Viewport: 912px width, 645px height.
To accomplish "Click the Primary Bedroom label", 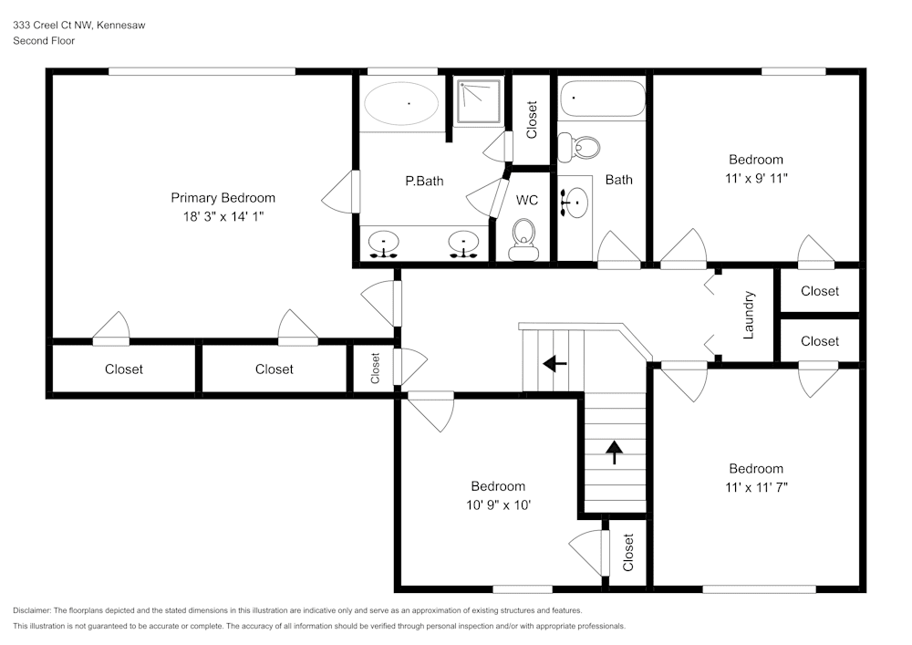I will tap(223, 198).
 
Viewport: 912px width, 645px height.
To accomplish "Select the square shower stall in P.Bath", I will tap(480, 101).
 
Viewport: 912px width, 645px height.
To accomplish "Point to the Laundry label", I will tap(749, 315).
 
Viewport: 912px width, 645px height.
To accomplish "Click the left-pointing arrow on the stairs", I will tap(554, 364).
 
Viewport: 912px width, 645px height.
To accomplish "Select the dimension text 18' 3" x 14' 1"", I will tap(223, 216).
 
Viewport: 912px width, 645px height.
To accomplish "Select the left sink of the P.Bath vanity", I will tap(385, 243).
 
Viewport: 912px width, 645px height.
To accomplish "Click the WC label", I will tap(527, 200).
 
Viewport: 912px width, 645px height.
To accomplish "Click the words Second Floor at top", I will tap(44, 41).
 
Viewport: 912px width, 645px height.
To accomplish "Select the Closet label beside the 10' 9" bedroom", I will tap(628, 552).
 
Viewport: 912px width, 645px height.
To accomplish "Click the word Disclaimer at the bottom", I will tap(33, 610).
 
